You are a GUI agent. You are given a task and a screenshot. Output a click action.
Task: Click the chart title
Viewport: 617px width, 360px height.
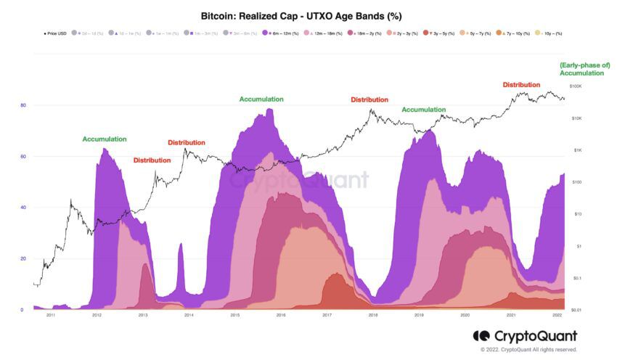[x=301, y=15]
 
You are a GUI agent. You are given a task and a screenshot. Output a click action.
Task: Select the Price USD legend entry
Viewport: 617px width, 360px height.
[x=55, y=33]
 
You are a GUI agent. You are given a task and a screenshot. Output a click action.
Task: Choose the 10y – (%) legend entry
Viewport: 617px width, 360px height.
[x=549, y=33]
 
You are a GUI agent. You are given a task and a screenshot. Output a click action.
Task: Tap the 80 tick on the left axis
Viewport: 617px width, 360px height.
[x=23, y=105]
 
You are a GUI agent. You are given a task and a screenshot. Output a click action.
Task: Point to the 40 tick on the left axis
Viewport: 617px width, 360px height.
[x=23, y=208]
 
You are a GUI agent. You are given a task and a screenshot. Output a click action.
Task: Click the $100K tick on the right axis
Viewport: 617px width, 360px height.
[x=576, y=86]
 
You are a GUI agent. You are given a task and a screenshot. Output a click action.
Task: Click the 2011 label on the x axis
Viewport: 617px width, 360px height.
[x=51, y=316]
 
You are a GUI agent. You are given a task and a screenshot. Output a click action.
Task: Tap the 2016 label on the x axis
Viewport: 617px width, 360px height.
[x=281, y=316]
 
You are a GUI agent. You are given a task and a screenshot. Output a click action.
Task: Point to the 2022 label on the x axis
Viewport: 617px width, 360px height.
[x=557, y=316]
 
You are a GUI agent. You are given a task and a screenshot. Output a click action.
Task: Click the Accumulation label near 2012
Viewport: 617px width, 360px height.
[x=105, y=139]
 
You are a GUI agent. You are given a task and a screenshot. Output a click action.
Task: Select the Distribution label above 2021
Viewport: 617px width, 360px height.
[x=521, y=85]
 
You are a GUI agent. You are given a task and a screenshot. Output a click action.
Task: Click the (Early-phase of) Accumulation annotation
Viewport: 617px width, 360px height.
[x=584, y=69]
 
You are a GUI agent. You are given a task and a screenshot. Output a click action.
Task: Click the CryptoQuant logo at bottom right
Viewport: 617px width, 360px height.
[x=525, y=335]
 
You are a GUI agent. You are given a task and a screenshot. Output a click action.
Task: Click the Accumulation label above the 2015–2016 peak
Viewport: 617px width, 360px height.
[x=261, y=99]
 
